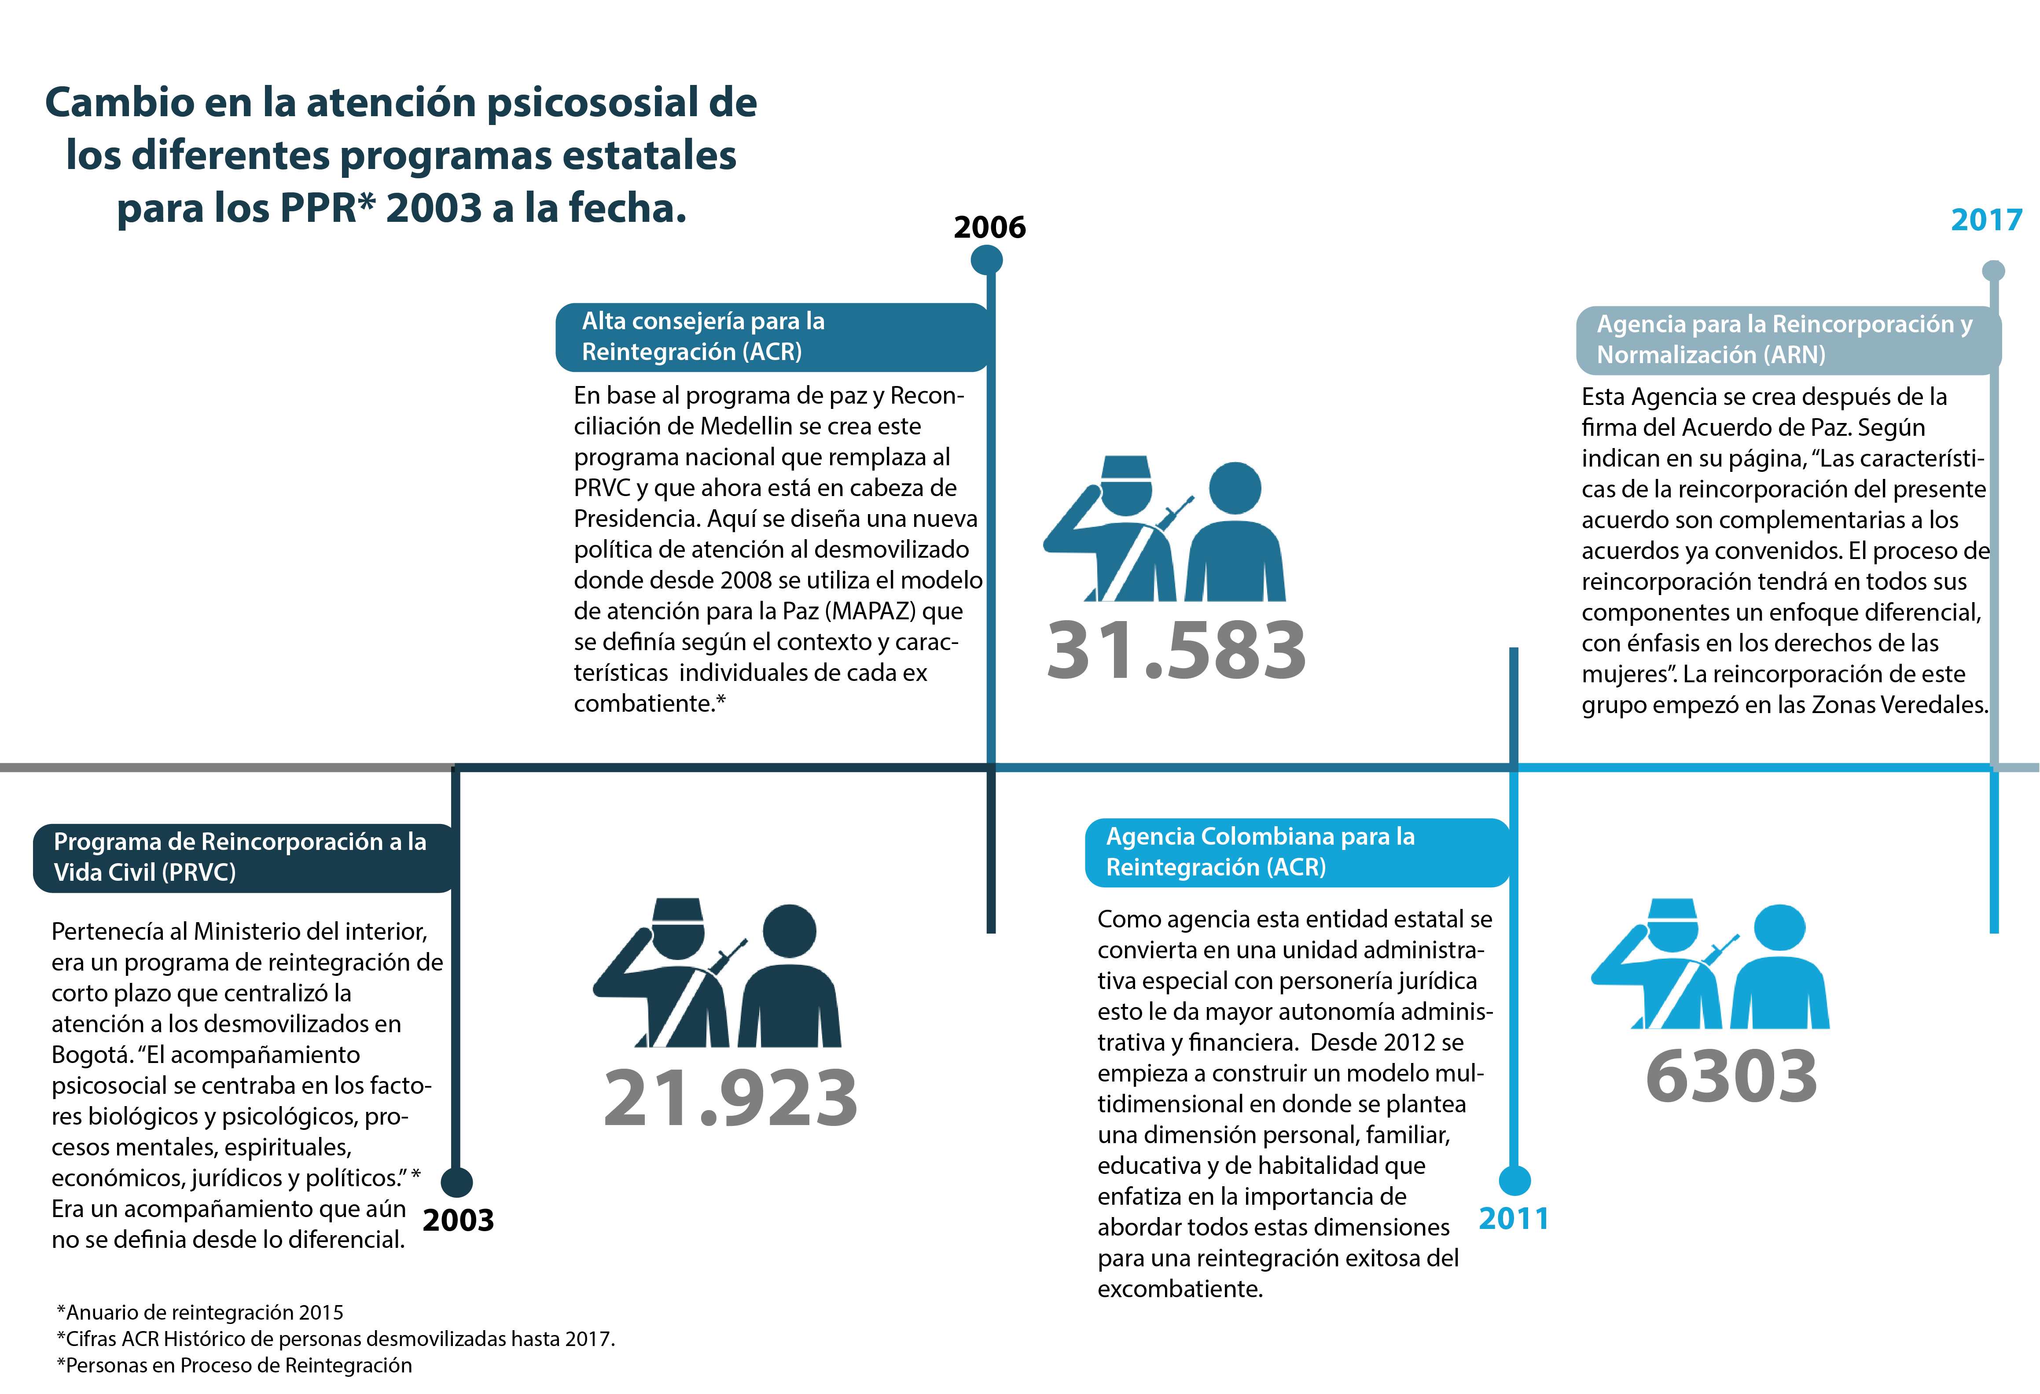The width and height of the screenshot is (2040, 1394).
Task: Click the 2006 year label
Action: coord(989,228)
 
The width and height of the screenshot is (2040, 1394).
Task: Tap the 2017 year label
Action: coord(1985,220)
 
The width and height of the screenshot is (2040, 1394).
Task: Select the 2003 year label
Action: coord(458,1220)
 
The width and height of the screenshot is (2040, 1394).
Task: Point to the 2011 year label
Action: coord(1513,1218)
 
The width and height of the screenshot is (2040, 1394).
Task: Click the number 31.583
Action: coord(1176,651)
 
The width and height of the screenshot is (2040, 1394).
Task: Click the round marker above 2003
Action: coord(456,1181)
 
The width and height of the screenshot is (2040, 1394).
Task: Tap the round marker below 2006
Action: coord(987,260)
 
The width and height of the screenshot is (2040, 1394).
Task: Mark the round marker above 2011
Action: coord(1514,1180)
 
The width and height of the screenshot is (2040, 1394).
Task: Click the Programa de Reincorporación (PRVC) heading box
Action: coord(244,857)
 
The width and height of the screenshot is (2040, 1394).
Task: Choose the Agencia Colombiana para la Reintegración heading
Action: coord(1297,852)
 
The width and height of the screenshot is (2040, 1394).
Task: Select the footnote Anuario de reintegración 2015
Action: coord(200,1313)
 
